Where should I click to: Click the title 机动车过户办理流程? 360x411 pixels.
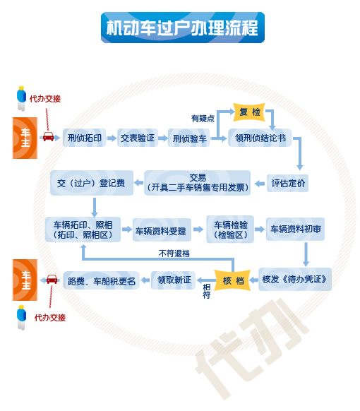[x=183, y=28]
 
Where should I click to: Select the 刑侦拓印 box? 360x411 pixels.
[x=85, y=138]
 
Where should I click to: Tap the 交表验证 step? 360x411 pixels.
[x=138, y=138]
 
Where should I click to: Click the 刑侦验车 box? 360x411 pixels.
[x=189, y=138]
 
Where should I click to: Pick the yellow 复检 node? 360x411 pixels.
[x=249, y=112]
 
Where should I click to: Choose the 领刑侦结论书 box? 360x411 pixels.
[x=260, y=138]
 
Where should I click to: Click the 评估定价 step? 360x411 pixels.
[x=288, y=183]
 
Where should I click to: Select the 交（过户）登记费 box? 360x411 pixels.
[x=92, y=183]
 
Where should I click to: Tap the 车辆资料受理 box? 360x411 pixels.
[x=162, y=230]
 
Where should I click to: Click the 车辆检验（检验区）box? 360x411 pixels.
[x=230, y=230]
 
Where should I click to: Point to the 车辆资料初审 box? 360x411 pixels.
[x=295, y=229]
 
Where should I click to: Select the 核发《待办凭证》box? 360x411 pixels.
[x=295, y=279]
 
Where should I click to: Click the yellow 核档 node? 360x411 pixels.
[x=233, y=280]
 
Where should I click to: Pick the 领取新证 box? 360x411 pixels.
[x=174, y=280]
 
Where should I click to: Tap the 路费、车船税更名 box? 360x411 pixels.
[x=101, y=280]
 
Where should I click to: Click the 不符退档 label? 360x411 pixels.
[x=174, y=254]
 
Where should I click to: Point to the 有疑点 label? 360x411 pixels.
[x=203, y=119]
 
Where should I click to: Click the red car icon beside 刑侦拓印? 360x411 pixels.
[x=48, y=136]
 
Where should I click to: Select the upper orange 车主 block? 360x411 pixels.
[x=25, y=138]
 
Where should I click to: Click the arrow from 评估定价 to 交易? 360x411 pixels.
[x=259, y=184]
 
